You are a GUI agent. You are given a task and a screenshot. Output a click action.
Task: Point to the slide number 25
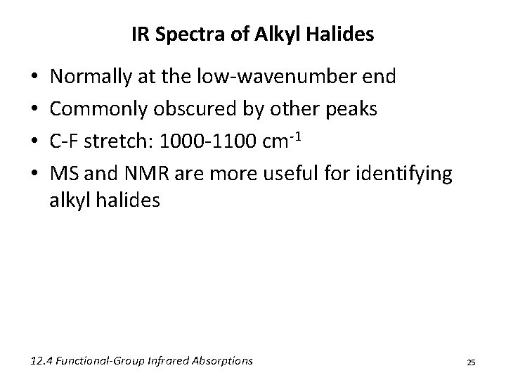tap(471, 362)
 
